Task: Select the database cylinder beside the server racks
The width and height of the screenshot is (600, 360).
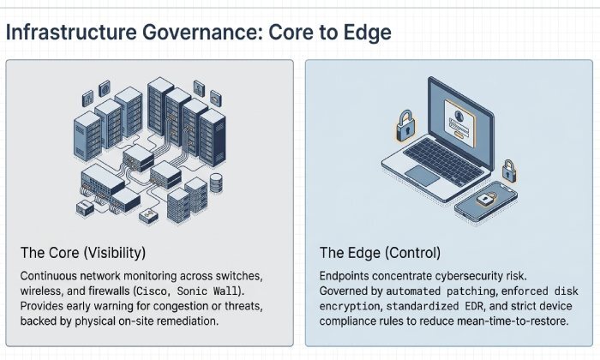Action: click(215, 182)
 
